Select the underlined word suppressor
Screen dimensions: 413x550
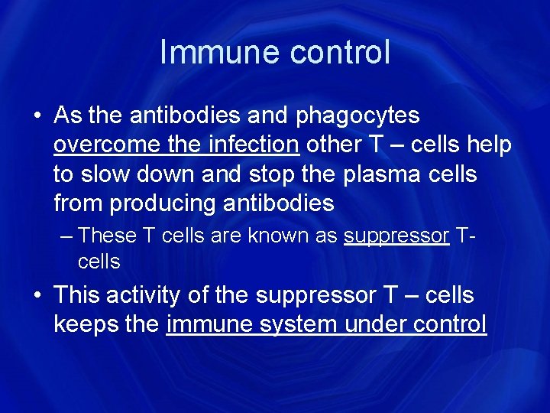coord(396,236)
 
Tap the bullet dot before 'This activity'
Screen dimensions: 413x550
coord(37,296)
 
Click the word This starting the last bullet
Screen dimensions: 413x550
coord(76,294)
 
